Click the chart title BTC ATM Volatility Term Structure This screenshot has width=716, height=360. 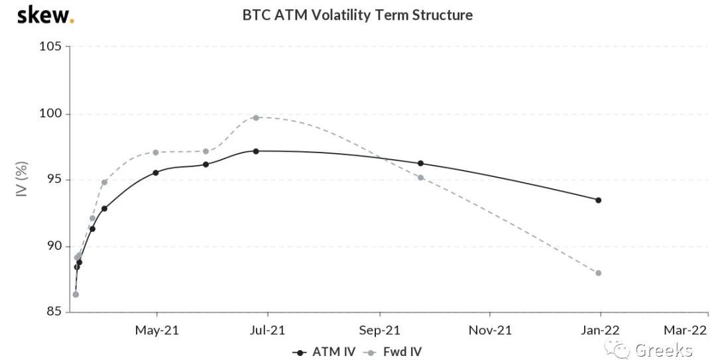(x=358, y=15)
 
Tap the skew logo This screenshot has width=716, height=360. (x=44, y=15)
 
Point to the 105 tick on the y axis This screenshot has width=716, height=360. (x=50, y=46)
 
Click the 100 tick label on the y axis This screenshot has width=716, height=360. (x=50, y=113)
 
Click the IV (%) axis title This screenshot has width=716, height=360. (x=22, y=180)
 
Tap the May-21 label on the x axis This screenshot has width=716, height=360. (x=156, y=330)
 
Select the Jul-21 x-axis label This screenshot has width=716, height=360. (x=268, y=330)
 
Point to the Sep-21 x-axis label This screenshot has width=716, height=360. (x=379, y=330)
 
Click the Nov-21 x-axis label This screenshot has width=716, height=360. (x=490, y=330)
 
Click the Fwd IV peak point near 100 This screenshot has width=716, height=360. (x=256, y=117)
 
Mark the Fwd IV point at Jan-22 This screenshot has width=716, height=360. (x=599, y=273)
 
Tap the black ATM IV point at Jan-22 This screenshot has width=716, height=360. (x=599, y=200)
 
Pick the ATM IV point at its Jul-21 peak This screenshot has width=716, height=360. (x=256, y=151)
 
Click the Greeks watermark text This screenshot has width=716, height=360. (x=663, y=350)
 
